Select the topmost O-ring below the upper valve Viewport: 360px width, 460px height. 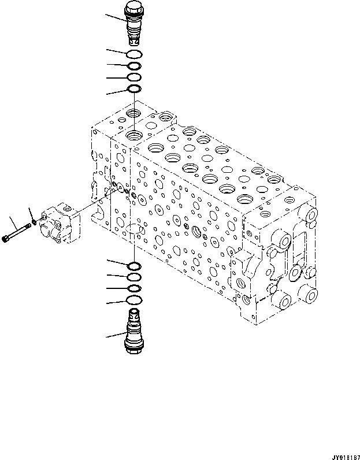click(134, 54)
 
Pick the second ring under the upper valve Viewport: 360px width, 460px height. click(134, 66)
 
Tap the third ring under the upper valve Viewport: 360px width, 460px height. click(134, 77)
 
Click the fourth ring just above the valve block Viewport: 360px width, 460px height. click(134, 89)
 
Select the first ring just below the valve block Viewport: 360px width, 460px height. click(133, 266)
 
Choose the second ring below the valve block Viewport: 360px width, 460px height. click(133, 277)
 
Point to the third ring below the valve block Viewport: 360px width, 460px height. click(133, 288)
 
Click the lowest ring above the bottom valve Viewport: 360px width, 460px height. click(133, 300)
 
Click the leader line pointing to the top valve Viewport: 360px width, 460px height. click(115, 17)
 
